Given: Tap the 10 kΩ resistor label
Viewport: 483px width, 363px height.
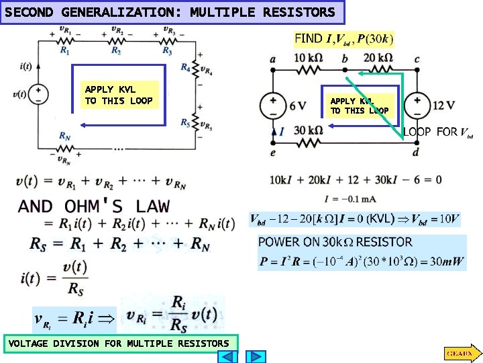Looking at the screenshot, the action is coord(309,58).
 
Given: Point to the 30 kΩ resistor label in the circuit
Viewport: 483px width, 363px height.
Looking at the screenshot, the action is coord(308,130).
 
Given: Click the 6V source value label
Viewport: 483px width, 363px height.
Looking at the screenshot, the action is coord(298,106).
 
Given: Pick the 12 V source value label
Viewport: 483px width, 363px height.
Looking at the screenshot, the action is coord(444,106).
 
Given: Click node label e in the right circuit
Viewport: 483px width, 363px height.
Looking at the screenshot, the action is coord(272,153).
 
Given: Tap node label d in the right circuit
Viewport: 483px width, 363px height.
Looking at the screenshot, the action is coord(416,153).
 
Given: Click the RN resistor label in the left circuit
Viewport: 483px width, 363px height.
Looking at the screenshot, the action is coord(65,136).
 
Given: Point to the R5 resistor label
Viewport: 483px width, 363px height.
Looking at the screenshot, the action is coord(184,122).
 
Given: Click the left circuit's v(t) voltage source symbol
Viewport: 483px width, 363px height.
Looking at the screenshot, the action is coord(38,93).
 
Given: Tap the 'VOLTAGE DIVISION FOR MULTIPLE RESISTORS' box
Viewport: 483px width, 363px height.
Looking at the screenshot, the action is coord(119,344).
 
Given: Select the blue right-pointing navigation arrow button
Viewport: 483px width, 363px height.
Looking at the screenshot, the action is coord(258,357).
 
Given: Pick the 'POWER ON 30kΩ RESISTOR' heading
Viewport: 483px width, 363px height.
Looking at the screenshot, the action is coord(335,242).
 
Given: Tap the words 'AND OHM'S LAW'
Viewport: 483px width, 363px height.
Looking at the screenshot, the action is coord(94,206).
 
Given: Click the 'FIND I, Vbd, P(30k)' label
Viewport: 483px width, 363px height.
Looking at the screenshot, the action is coord(343,39).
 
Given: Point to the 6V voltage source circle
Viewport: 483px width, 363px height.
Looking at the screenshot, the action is coord(273,106).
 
